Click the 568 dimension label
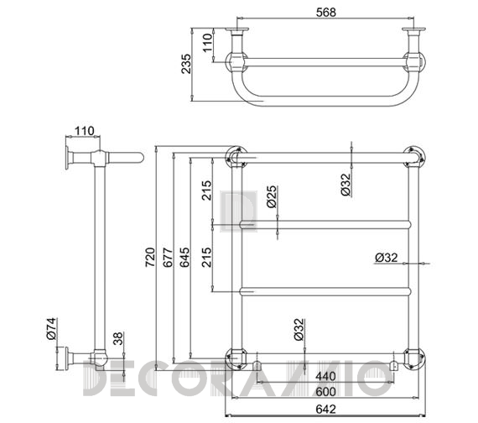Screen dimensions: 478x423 (x=326, y=13)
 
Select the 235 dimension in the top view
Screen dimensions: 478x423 (x=186, y=64)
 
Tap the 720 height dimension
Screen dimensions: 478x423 (x=150, y=258)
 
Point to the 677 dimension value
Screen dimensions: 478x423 (x=168, y=258)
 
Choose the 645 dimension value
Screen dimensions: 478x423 (x=184, y=258)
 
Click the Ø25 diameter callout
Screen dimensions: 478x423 (x=272, y=197)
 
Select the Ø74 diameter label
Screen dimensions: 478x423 (x=51, y=329)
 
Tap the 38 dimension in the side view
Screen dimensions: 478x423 (x=118, y=338)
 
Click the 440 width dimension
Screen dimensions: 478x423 (x=325, y=376)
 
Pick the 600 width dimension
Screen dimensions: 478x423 (x=325, y=392)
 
